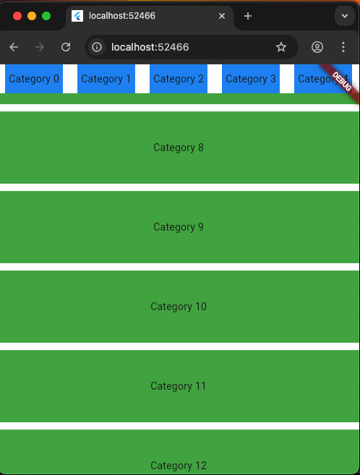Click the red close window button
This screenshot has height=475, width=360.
[17, 16]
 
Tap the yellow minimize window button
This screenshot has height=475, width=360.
[32, 16]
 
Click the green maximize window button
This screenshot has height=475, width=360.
[46, 16]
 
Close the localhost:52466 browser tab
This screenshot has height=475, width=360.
[222, 16]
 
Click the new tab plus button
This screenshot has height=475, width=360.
[248, 16]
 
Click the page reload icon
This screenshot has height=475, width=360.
[66, 47]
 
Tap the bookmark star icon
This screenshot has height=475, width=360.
[281, 47]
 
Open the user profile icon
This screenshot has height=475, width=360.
[317, 47]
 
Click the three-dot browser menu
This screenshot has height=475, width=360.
[343, 47]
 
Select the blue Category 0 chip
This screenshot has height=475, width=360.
[34, 79]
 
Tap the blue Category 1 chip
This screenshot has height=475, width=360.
[106, 79]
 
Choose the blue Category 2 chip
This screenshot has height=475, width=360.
[179, 79]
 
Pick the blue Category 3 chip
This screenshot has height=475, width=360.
[251, 79]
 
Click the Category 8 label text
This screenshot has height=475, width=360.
[179, 147]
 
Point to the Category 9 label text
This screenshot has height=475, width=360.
[179, 227]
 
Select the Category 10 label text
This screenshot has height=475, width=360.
[179, 307]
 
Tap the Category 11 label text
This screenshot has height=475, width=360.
[179, 386]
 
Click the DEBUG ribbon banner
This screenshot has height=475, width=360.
[341, 82]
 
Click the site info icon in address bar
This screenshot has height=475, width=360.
[97, 47]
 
